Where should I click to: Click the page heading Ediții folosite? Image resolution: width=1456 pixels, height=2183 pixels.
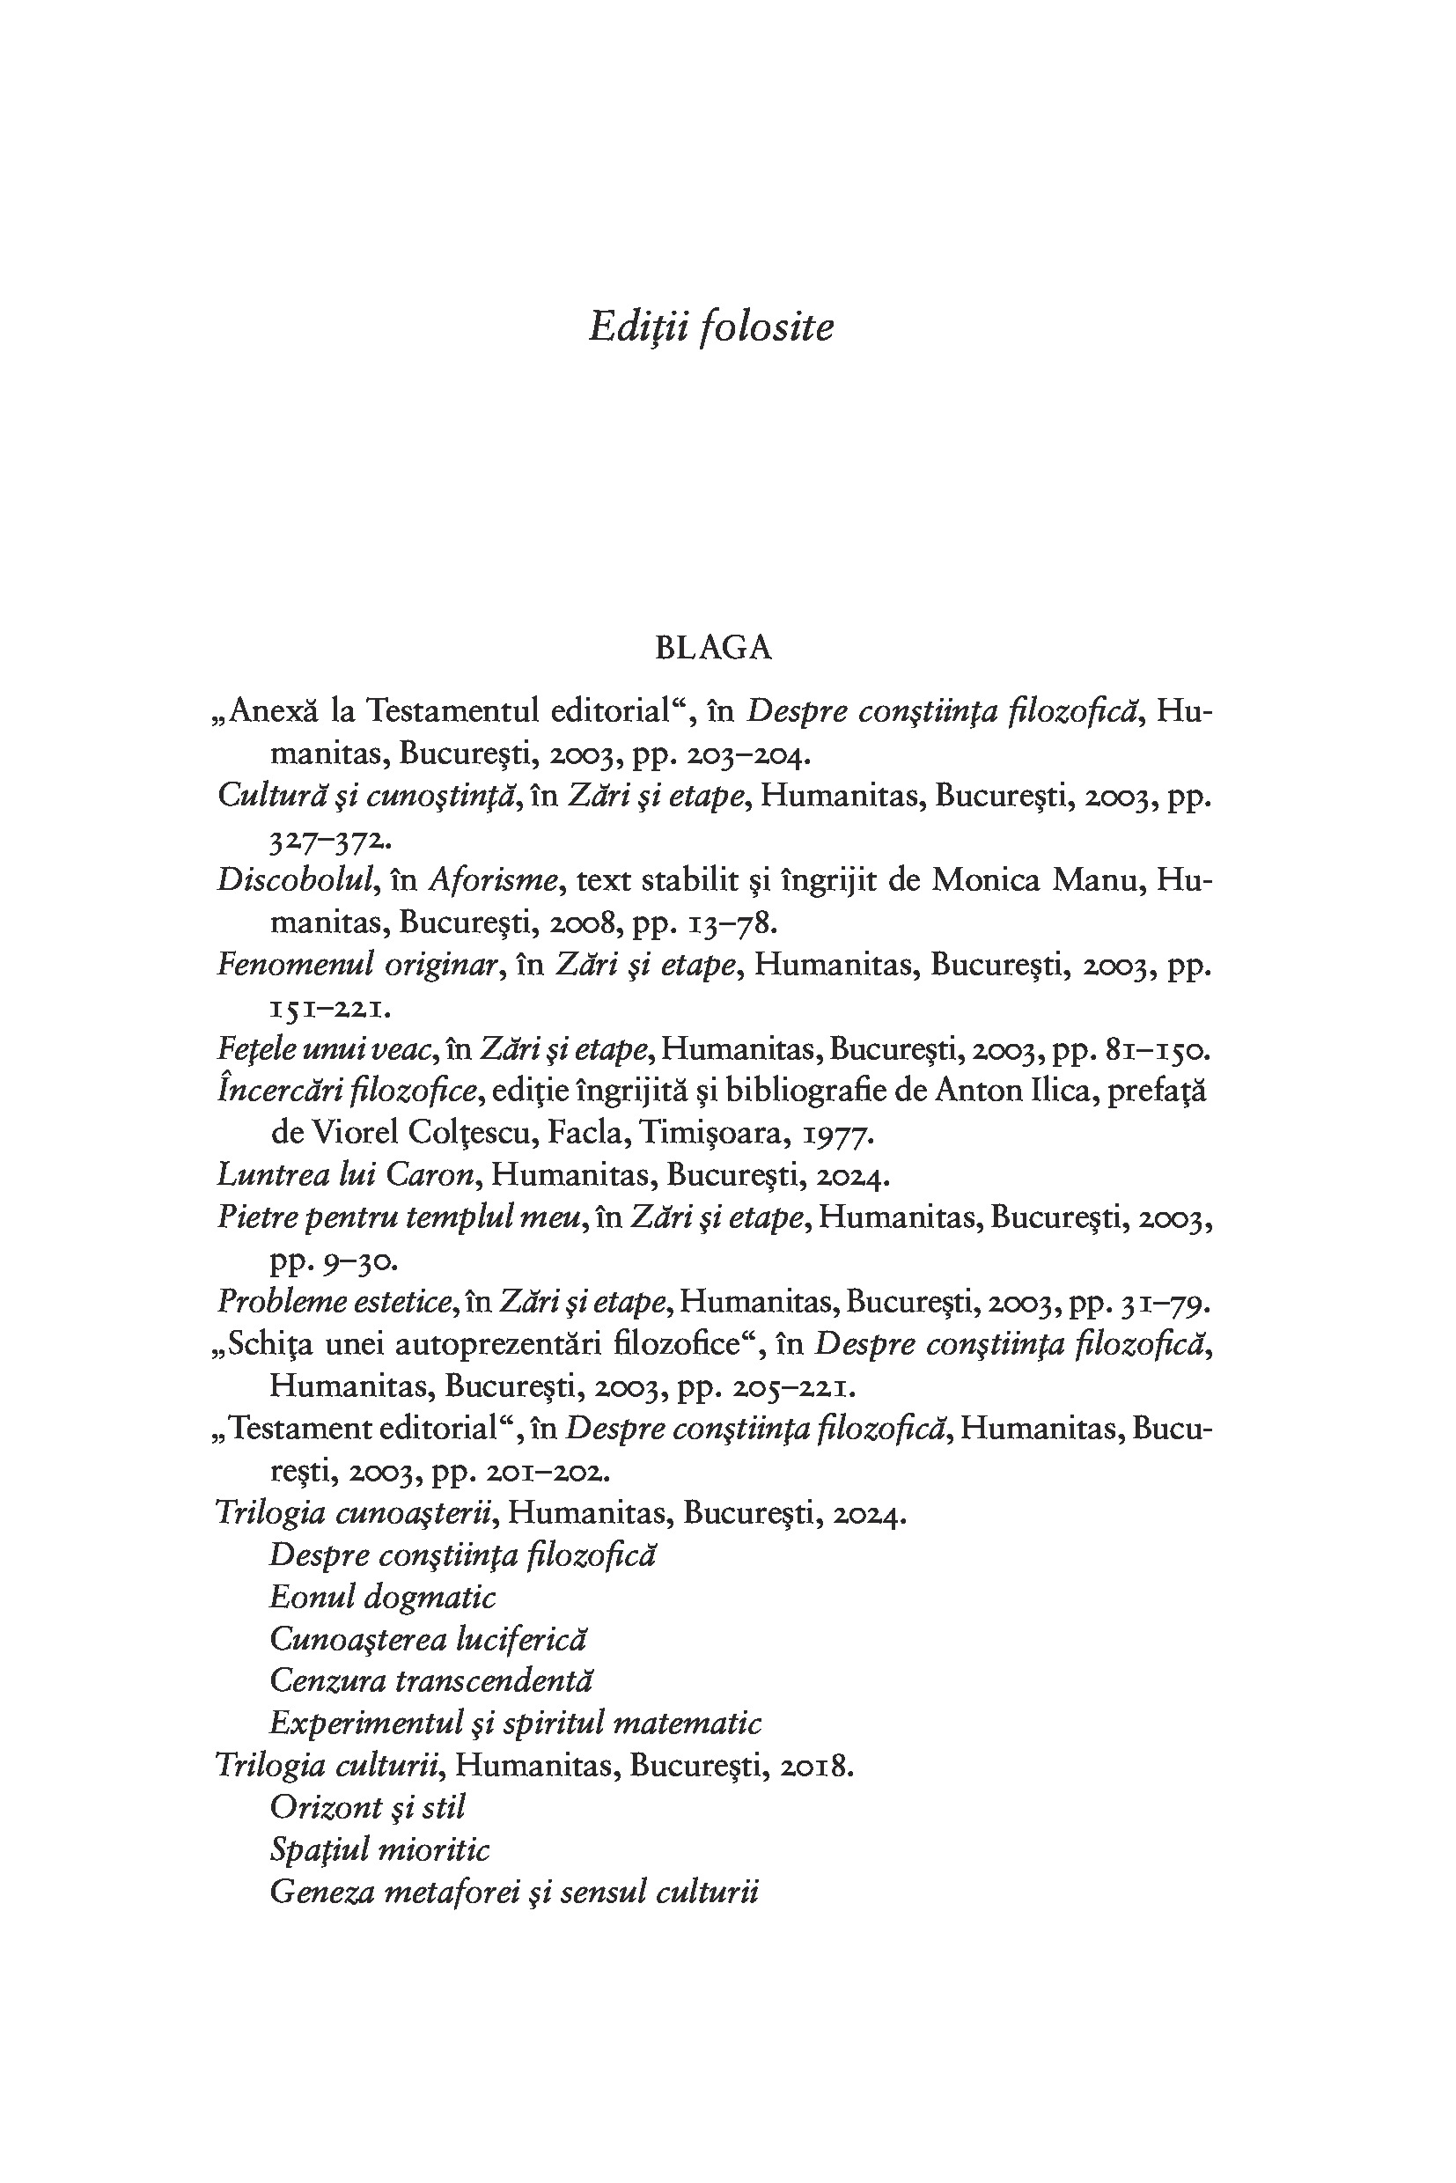point(711,327)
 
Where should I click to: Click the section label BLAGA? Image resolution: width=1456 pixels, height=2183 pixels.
point(713,647)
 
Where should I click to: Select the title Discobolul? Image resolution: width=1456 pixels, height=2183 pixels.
point(295,879)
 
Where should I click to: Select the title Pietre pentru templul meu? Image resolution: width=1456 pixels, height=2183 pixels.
point(400,1217)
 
